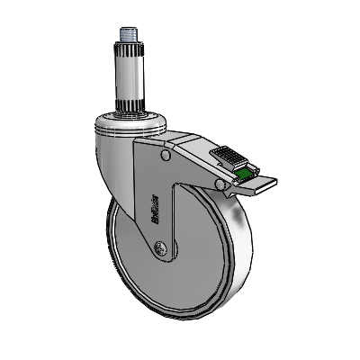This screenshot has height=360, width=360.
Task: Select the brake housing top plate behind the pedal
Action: point(193,144)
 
